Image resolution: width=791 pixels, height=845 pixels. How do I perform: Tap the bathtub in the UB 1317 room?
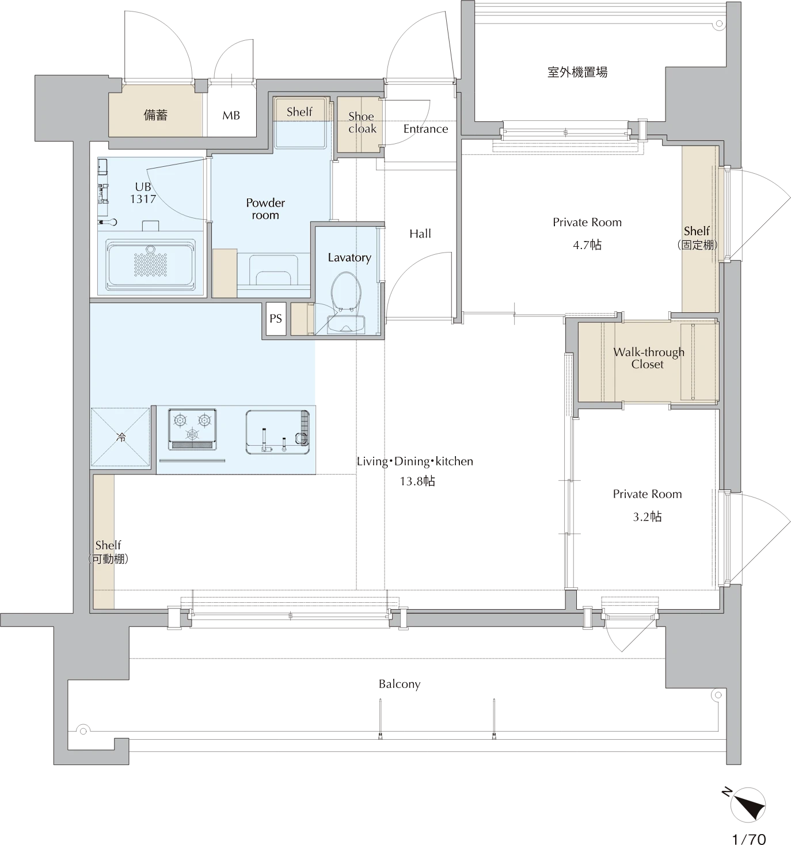(x=151, y=264)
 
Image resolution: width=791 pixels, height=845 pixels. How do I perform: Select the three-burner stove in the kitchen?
(x=192, y=429)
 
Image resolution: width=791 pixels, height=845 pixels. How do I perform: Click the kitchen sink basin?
(x=277, y=432)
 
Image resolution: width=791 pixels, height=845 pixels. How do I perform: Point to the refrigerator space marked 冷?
(x=120, y=437)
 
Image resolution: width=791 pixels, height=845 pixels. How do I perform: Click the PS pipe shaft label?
(x=276, y=318)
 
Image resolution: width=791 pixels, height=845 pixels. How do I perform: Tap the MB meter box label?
(x=231, y=115)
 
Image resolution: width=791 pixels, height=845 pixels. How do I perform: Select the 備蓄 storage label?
(x=155, y=115)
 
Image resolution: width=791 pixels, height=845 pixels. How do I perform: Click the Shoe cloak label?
(x=362, y=123)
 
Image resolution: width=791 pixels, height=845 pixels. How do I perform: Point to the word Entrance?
(x=425, y=129)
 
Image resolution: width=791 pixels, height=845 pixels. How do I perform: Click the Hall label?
(x=420, y=234)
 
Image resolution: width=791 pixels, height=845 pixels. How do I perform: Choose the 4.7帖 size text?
(x=587, y=245)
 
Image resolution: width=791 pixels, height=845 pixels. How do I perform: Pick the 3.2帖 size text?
(x=647, y=517)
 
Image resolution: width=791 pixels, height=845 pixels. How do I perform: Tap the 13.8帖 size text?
(x=417, y=481)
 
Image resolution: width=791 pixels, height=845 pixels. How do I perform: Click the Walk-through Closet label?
(x=648, y=358)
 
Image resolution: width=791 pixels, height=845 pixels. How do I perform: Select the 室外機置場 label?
(x=577, y=72)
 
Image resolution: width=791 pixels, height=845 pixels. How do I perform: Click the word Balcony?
(x=400, y=684)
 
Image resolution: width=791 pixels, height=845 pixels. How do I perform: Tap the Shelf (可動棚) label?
(x=108, y=552)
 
